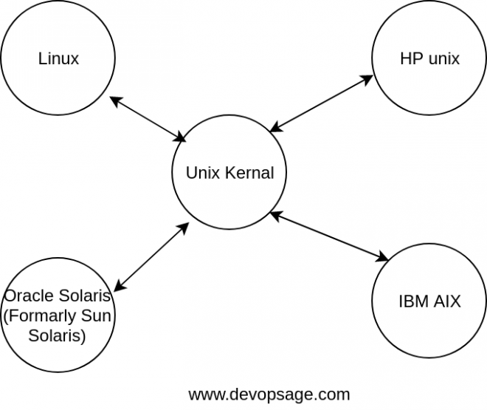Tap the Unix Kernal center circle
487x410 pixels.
229,174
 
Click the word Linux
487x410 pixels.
58,58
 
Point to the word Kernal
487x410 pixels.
251,174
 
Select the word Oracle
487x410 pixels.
28,296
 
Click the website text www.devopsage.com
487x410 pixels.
269,394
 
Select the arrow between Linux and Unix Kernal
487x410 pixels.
148,119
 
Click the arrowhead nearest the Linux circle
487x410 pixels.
114,100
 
